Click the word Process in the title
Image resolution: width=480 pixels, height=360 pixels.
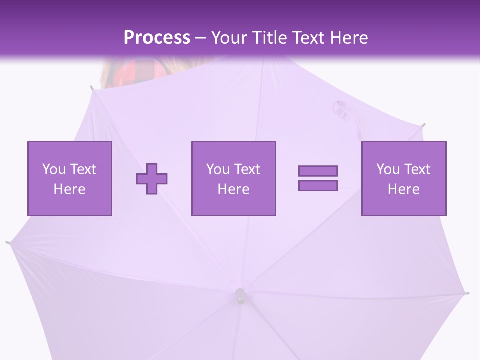157,38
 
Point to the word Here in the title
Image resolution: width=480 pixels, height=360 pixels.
348,38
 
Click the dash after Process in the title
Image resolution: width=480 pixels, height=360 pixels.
201,38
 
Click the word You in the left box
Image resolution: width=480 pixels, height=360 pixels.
54,169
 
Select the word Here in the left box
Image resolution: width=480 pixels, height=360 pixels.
69,189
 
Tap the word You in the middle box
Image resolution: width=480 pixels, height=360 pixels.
218,169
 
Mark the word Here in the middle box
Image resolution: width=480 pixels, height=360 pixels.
233,189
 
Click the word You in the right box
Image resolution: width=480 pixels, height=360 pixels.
388,169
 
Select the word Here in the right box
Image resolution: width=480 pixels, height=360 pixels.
403,189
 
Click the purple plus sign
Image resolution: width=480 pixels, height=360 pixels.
152,178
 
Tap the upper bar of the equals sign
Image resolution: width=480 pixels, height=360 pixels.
318,171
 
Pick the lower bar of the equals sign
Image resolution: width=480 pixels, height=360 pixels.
318,186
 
